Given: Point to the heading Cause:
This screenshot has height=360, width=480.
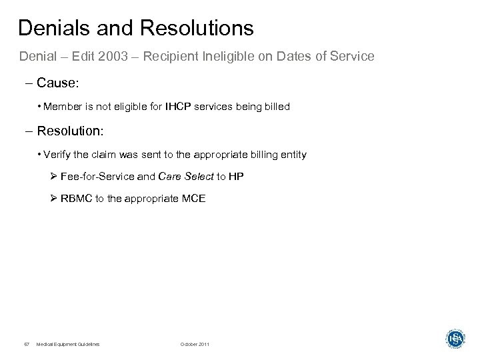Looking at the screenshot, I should [61, 83].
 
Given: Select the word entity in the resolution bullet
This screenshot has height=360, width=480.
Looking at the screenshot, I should [293, 155].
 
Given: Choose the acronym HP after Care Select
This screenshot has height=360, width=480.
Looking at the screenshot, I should [237, 176].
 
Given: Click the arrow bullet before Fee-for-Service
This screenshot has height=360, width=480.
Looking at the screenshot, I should [54, 176].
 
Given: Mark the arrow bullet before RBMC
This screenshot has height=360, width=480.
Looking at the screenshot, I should [54, 198].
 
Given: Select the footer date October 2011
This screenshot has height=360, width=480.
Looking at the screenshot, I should [194, 344].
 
